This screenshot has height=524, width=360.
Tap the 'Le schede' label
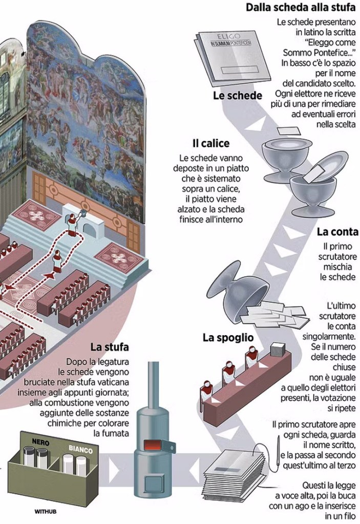[238, 96]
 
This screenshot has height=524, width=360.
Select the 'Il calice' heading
[211, 143]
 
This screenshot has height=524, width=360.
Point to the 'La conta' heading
[337, 232]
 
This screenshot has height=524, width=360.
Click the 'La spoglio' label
[228, 337]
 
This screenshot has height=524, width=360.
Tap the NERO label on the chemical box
[39, 441]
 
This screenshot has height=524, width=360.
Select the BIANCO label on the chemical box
[80, 450]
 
